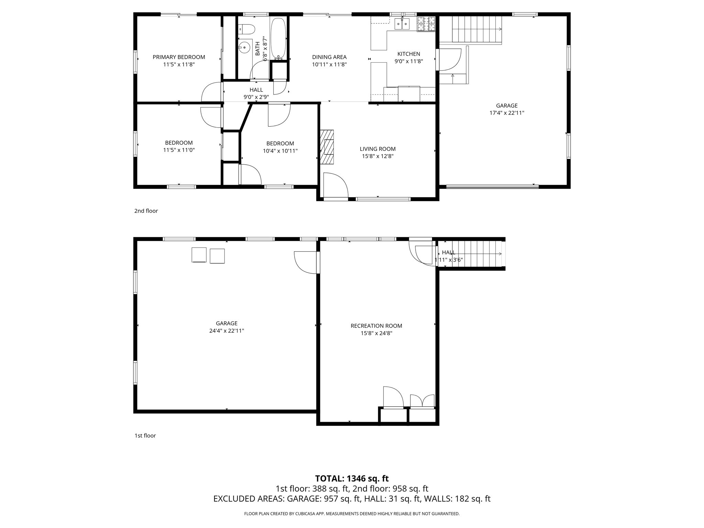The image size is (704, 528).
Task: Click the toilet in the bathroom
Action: (246, 29)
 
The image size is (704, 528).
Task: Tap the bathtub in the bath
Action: (278, 38)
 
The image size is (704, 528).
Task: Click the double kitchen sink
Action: (402, 24)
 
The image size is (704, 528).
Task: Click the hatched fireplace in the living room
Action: (327, 147)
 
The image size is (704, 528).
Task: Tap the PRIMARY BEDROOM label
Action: (179, 57)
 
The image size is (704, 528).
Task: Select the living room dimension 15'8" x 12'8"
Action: (377, 156)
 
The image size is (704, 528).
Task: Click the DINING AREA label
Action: (329, 57)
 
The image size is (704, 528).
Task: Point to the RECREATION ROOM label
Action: (376, 326)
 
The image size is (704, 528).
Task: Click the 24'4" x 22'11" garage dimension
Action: (227, 331)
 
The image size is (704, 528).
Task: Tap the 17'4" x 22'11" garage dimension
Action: (507, 113)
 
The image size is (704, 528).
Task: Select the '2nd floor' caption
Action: (146, 211)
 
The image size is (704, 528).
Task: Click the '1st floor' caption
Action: (145, 436)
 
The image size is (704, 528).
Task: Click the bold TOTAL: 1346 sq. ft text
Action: (352, 478)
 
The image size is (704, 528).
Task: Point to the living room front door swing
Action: (335, 186)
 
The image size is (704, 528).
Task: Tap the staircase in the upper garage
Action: (476, 29)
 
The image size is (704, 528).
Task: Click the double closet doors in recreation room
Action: (422, 401)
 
